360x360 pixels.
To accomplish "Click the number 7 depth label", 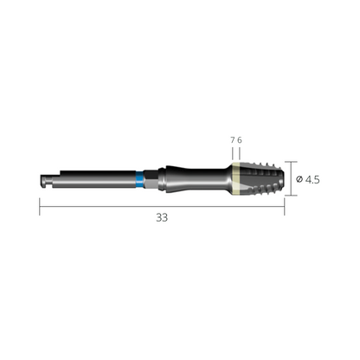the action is click(233, 140).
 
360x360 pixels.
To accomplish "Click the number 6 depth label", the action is click(240, 140).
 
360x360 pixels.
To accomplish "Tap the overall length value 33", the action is click(162, 217).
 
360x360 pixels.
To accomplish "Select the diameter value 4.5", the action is click(312, 180).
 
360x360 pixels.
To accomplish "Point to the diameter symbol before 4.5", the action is click(299, 179).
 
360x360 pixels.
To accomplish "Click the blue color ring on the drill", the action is click(139, 179).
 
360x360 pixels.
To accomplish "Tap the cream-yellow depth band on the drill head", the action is click(236, 179).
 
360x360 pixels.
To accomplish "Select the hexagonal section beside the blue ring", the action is click(150, 179).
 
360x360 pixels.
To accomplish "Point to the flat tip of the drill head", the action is click(284, 178).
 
